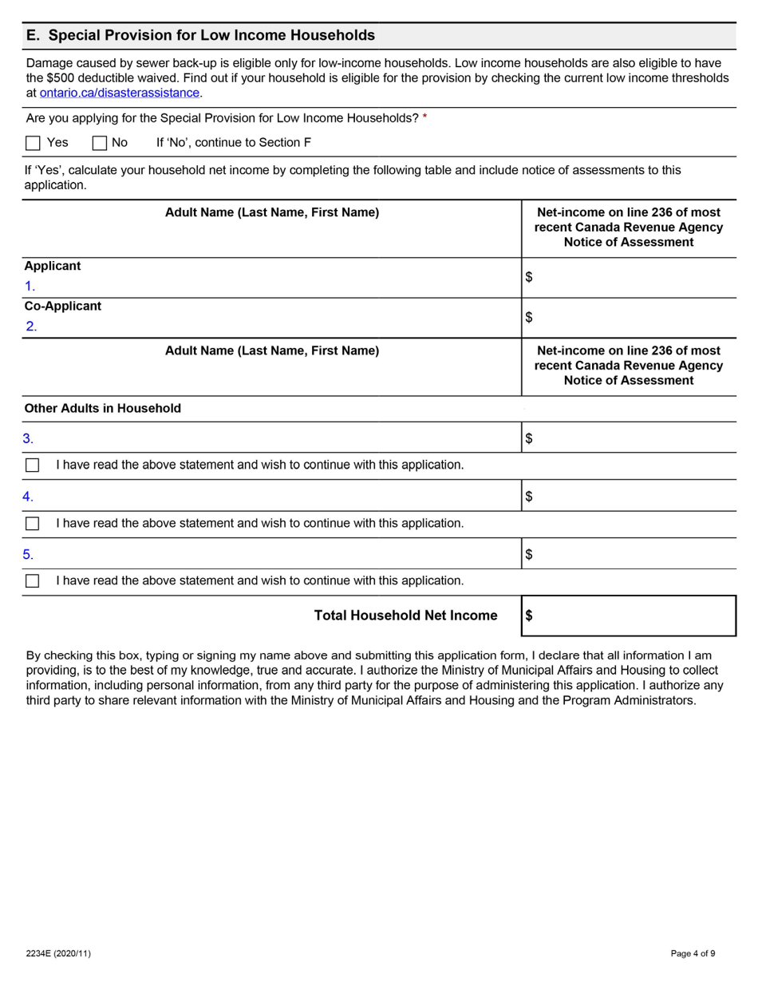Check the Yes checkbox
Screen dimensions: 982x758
click(33, 144)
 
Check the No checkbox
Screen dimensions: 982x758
click(100, 144)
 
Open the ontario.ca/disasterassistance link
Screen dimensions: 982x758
click(120, 93)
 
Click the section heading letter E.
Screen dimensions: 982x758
click(31, 35)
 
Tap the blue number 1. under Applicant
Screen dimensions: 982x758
click(30, 286)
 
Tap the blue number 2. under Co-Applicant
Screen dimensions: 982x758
click(31, 326)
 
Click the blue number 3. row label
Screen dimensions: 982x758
click(28, 438)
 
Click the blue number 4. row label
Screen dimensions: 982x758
click(28, 497)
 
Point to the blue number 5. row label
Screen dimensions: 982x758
click(28, 554)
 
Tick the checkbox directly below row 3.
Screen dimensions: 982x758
click(33, 465)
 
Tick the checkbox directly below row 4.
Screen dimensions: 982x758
click(33, 523)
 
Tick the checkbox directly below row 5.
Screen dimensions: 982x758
click(33, 580)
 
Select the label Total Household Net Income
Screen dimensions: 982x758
click(405, 616)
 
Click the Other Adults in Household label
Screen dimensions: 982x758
click(103, 408)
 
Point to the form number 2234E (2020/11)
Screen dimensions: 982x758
click(58, 953)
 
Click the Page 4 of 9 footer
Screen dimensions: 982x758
click(693, 953)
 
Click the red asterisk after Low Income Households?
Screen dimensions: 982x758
click(424, 118)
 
